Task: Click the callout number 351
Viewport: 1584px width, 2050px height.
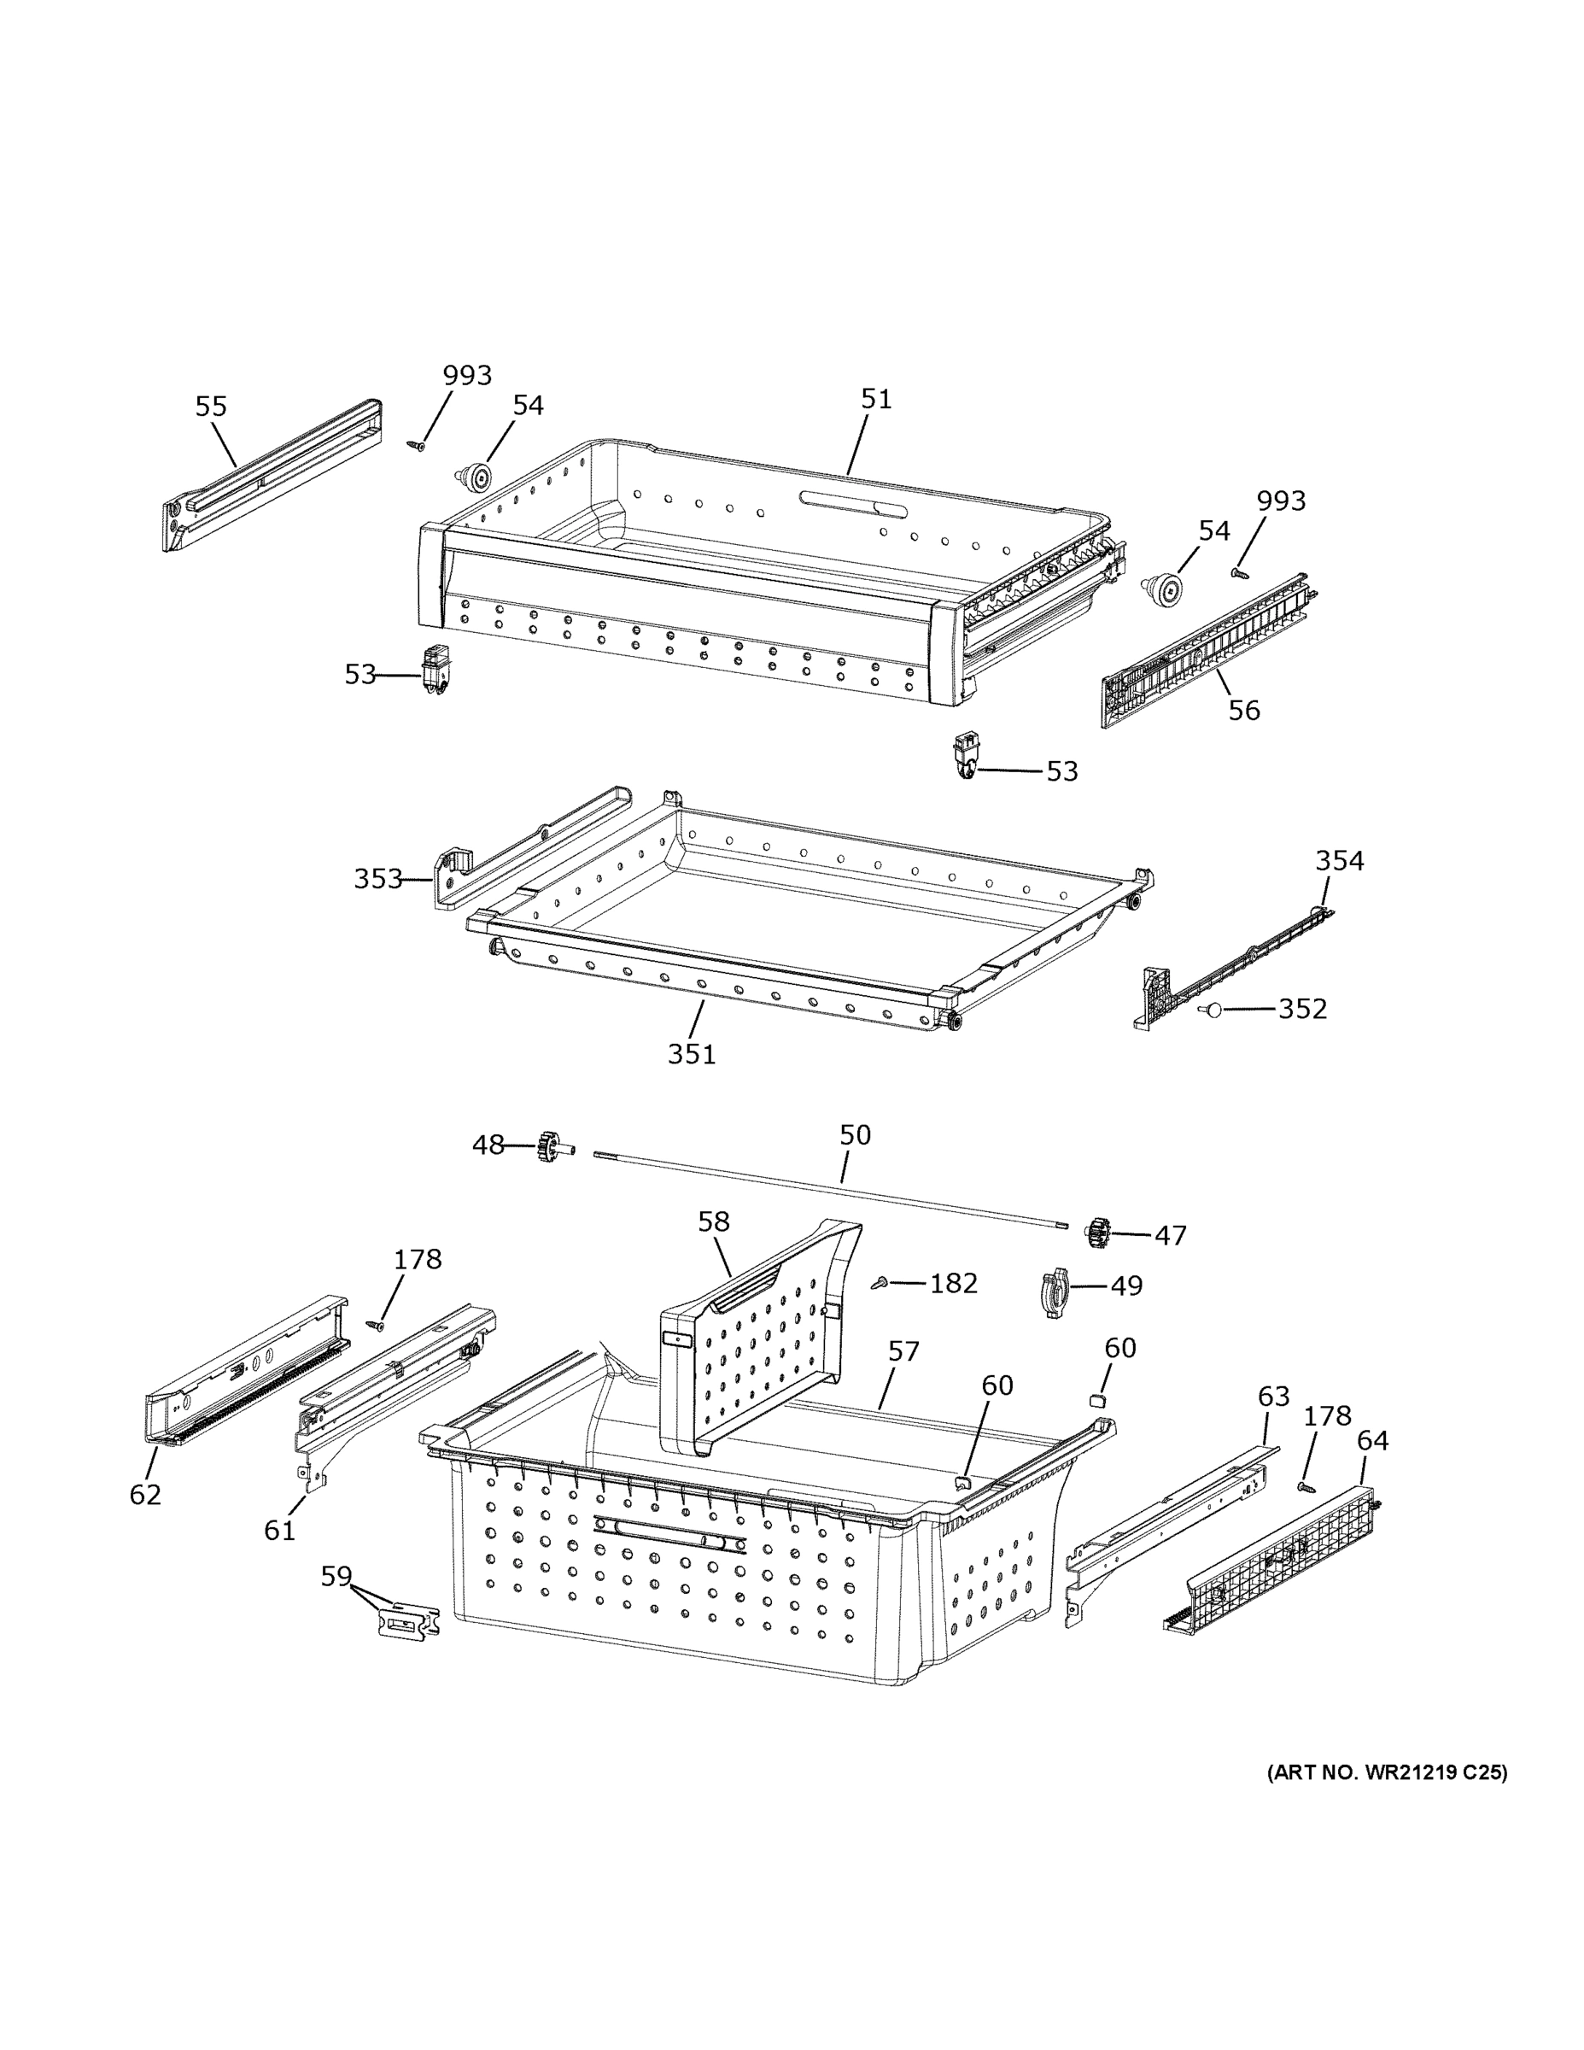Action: pos(692,1054)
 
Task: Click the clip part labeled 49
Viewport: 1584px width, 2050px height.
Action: pos(1055,1294)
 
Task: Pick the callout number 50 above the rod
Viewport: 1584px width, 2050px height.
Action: pos(855,1135)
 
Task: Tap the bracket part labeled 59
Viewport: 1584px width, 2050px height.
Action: pos(408,1621)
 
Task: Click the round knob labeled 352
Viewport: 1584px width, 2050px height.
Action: pos(1211,1010)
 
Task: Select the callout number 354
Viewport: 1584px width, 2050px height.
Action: pos(1339,860)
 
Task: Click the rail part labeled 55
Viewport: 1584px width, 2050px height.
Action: pos(272,474)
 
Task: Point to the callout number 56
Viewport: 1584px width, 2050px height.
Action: pos(1244,710)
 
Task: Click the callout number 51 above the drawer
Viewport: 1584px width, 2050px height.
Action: pos(875,399)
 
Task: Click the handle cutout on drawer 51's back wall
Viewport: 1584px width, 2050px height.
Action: pos(853,503)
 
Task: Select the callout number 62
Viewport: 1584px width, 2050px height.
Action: pos(145,1494)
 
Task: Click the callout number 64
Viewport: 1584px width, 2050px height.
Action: pos(1372,1440)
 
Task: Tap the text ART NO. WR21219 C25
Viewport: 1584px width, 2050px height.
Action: pos(1387,1773)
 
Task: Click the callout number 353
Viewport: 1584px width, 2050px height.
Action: pos(377,879)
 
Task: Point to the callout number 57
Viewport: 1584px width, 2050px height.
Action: pos(903,1350)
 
